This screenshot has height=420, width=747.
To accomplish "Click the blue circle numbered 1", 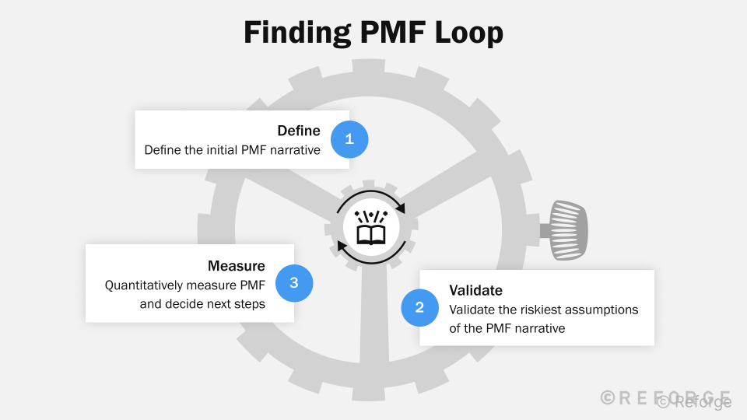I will tap(349, 140).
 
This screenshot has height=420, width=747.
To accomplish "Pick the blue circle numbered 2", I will tap(419, 307).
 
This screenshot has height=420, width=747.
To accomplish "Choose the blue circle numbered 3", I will tap(294, 283).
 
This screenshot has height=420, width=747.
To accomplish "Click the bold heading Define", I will tap(299, 131).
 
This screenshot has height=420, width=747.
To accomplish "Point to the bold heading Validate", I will tap(475, 290).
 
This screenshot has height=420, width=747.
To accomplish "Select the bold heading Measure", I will tap(236, 266).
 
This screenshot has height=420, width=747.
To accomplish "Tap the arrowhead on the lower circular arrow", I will tap(342, 247).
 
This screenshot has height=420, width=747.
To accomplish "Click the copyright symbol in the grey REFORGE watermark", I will tap(608, 397).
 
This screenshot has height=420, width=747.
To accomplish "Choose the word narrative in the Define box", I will tap(294, 150).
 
